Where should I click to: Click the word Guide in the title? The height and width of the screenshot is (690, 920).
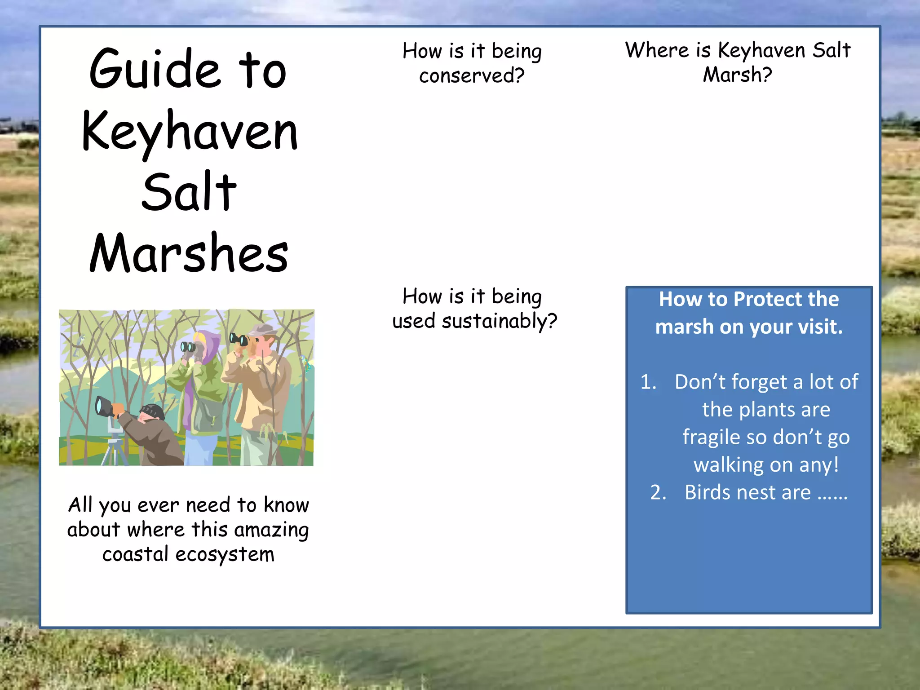[x=155, y=70]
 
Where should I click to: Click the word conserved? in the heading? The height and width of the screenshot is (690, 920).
[x=472, y=75]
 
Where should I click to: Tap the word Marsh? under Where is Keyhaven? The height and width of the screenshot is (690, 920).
[x=737, y=75]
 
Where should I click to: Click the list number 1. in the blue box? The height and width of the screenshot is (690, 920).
[x=648, y=382]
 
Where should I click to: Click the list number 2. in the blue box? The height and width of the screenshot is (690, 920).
[x=658, y=493]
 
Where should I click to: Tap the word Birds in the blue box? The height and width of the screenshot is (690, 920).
[x=708, y=493]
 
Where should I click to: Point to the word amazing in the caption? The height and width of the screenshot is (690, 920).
[x=271, y=530]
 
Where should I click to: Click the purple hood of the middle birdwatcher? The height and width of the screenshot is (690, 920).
[x=209, y=344]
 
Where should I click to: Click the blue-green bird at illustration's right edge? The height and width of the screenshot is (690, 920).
[x=306, y=362]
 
